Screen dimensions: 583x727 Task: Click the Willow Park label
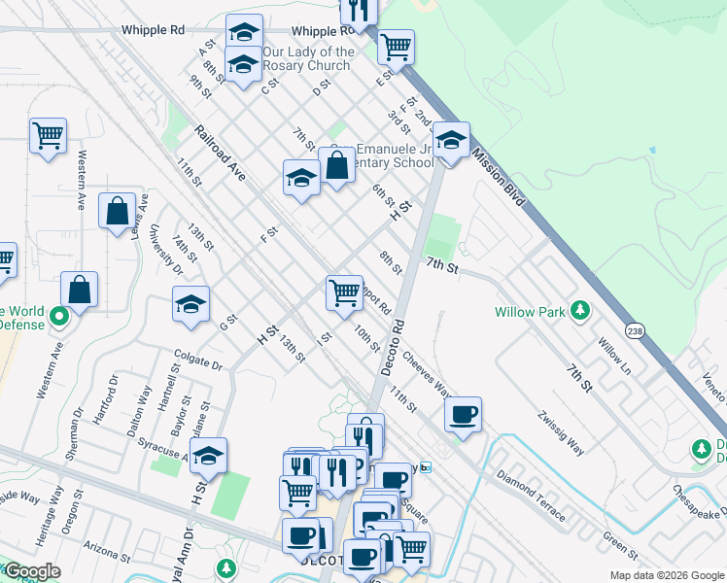click(x=530, y=312)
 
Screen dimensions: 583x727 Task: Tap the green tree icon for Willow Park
click(x=580, y=310)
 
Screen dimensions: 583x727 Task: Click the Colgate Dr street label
click(x=198, y=360)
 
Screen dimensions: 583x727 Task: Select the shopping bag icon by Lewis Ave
click(x=117, y=209)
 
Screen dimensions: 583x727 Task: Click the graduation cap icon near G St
click(x=191, y=303)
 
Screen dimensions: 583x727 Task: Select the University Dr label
click(x=166, y=249)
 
